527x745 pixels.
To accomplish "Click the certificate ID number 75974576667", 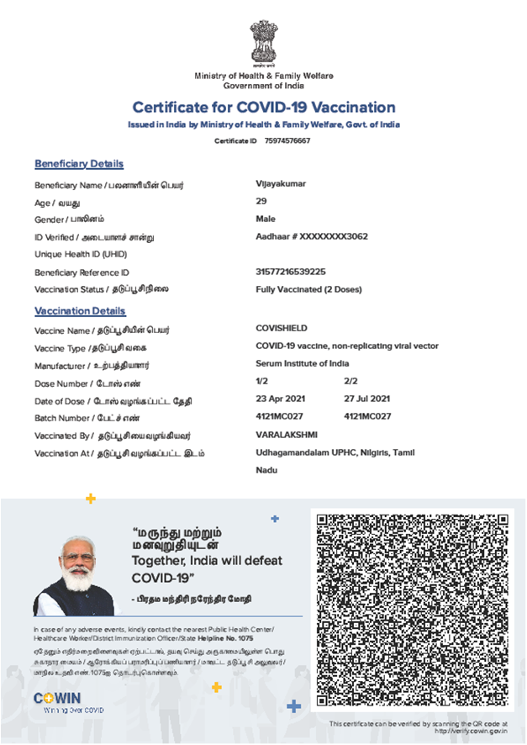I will coord(287,140).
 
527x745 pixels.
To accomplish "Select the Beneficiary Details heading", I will coord(79,164).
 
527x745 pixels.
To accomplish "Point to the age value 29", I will coord(261,200).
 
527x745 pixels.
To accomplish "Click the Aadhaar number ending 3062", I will coord(311,236).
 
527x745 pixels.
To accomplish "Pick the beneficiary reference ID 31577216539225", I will coord(290,272).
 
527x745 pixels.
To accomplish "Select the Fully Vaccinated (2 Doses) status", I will coord(308,289).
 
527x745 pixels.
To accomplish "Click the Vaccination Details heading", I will coord(80,311).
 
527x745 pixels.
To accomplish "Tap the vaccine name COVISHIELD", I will coord(281,329).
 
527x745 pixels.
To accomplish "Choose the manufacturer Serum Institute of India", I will coord(302,364).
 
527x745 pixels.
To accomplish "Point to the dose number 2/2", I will coord(350,382).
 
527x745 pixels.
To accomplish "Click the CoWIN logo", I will coord(57,698).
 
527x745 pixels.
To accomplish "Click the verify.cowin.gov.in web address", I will coord(470,731).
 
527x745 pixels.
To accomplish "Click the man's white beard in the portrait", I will coord(78,580).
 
